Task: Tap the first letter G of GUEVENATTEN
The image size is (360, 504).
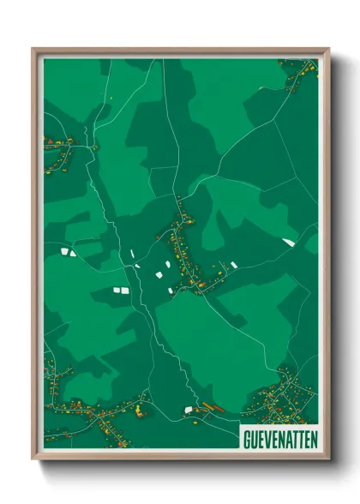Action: point(246,435)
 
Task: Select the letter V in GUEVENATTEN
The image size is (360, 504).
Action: point(265,435)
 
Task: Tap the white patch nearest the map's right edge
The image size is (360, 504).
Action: point(289,243)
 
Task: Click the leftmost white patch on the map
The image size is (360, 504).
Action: point(67,251)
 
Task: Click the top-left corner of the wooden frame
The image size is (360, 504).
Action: point(33,49)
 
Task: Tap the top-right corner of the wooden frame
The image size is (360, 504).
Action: point(328,49)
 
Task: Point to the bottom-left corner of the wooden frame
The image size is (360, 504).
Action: point(33,461)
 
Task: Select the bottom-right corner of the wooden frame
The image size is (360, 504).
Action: point(328,461)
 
